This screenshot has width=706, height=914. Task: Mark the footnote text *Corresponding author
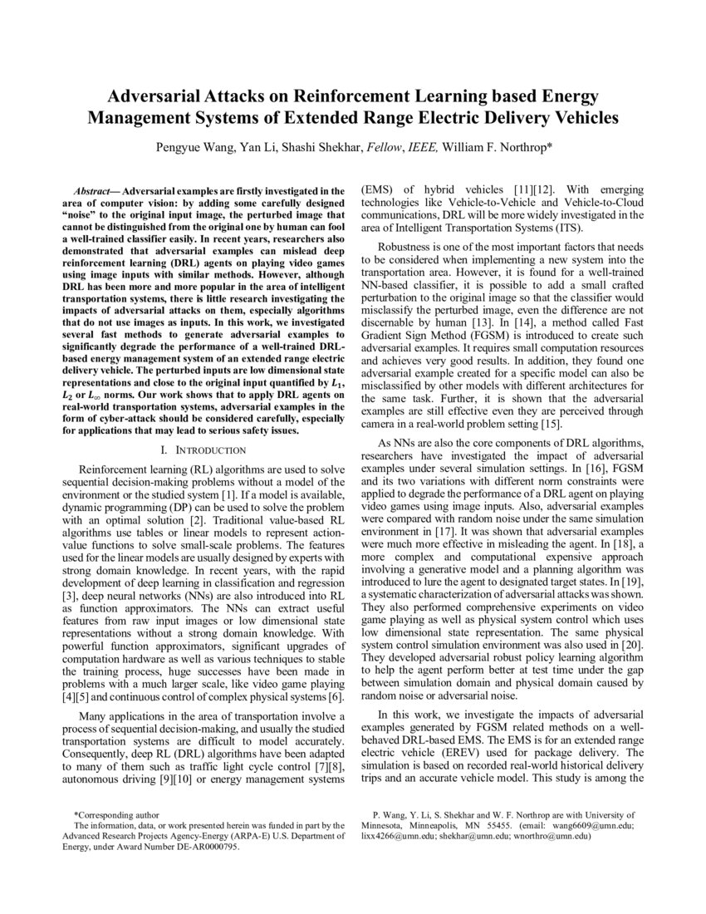(x=117, y=815)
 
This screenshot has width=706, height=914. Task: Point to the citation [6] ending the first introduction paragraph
(x=334, y=695)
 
